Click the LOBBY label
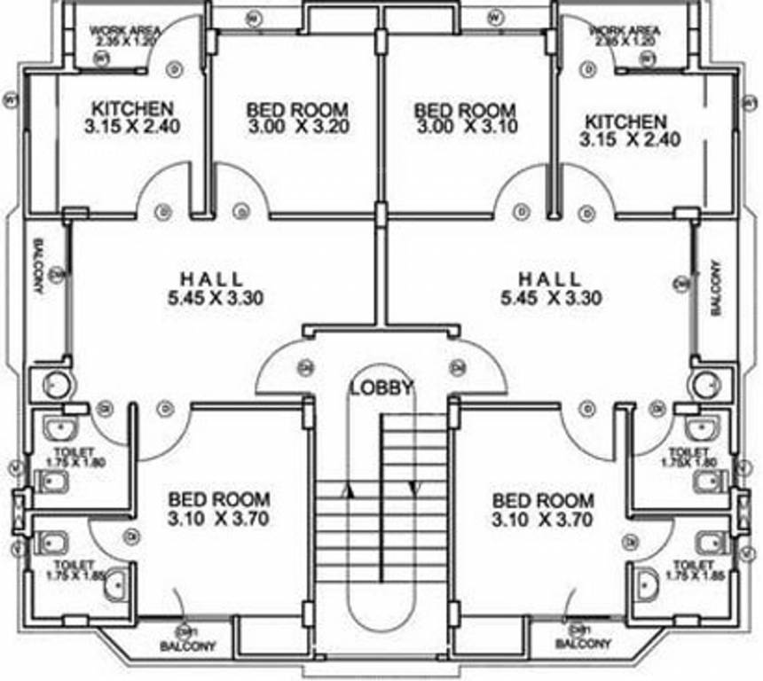(381, 387)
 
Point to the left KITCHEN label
(132, 108)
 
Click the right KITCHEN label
(625, 121)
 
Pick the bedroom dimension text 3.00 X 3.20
(298, 126)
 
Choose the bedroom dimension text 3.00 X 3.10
(466, 126)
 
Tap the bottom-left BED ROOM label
(219, 500)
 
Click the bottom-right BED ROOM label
(543, 500)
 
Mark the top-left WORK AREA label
(123, 30)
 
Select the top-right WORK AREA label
(625, 30)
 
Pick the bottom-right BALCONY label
(583, 643)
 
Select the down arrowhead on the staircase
(413, 487)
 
